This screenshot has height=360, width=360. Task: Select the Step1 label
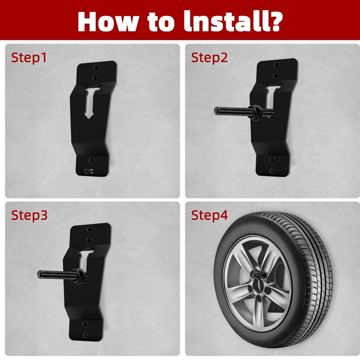pos(29,58)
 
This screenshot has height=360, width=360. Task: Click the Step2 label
pos(209,58)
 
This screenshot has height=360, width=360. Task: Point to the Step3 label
pos(29,215)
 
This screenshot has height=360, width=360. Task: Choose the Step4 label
pos(209,215)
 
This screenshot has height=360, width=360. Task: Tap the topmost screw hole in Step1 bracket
pos(95,67)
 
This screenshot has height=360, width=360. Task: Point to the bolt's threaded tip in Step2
pos(217,110)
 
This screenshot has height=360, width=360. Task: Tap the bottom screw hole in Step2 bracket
pos(271,171)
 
